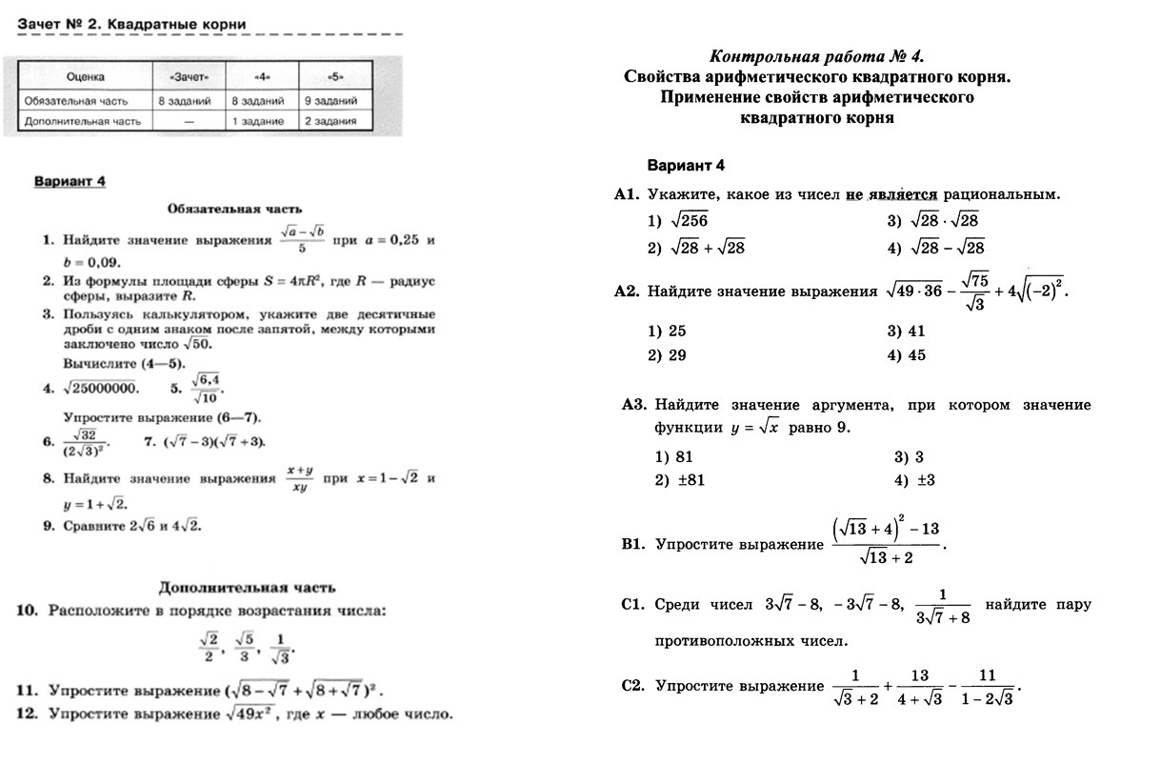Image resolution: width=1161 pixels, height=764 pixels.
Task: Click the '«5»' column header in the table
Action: click(x=334, y=76)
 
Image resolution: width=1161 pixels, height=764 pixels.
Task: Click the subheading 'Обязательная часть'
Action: click(x=235, y=208)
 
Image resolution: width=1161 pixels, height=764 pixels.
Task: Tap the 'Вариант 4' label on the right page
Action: click(x=686, y=165)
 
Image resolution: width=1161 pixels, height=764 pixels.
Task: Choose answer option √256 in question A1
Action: click(x=690, y=221)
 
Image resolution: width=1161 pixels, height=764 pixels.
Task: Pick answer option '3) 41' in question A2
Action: click(x=906, y=332)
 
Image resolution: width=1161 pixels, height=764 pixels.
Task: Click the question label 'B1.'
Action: click(x=633, y=545)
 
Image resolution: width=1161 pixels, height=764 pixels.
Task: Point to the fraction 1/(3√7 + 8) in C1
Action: click(x=942, y=607)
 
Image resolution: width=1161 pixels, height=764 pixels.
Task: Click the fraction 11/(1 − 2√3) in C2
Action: click(x=987, y=687)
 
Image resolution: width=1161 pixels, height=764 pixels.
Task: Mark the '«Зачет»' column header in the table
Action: click(x=190, y=76)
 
